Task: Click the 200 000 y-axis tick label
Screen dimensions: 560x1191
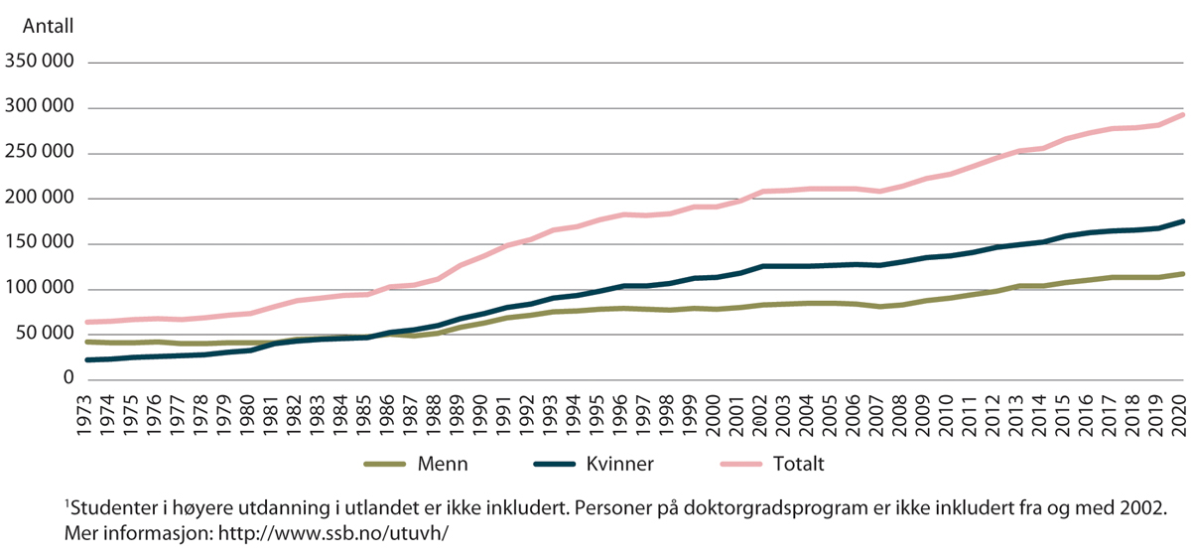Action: tap(39, 199)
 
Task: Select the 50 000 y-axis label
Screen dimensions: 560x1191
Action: tap(43, 335)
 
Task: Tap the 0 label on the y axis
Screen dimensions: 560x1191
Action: tap(68, 379)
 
